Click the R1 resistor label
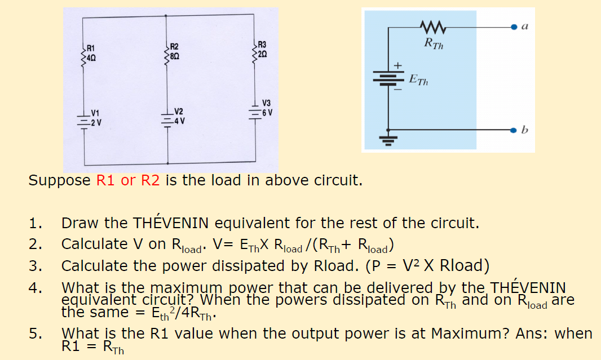[91, 48]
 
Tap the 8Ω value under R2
[175, 56]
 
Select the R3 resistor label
[262, 45]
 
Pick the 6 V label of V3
[267, 112]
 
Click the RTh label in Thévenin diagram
[434, 43]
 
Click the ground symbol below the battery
[387, 139]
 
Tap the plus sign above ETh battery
[397, 66]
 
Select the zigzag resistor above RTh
[434, 26]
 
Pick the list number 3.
[36, 265]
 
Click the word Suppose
[59, 181]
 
